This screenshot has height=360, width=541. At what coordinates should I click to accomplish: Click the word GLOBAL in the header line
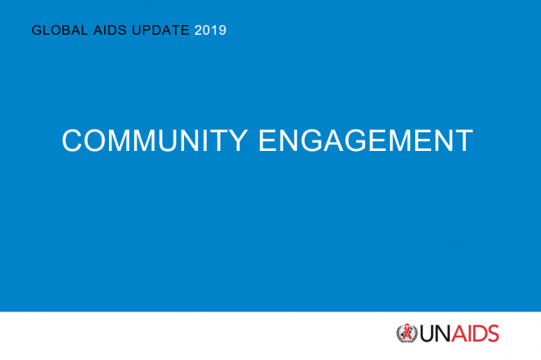click(x=60, y=30)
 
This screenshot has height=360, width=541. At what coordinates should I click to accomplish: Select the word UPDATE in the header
click(x=161, y=30)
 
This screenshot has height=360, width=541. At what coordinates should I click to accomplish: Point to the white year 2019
click(x=211, y=31)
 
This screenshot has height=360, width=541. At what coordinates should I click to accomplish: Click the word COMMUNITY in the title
click(x=154, y=140)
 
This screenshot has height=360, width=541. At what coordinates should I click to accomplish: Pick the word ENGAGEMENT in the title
click(x=366, y=140)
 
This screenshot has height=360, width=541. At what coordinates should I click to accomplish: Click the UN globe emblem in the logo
click(x=407, y=333)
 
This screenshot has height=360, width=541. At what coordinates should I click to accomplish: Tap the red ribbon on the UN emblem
click(x=408, y=332)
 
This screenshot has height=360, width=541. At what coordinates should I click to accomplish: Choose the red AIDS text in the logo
click(x=476, y=333)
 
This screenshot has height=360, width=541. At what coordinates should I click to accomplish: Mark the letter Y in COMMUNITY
click(x=236, y=140)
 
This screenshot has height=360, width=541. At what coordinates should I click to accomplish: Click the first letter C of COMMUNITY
click(x=72, y=140)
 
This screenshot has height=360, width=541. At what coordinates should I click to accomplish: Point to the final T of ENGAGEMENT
click(x=463, y=140)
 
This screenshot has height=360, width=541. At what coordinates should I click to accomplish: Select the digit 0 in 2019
click(x=207, y=31)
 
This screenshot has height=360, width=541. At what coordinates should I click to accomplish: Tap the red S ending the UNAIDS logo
click(x=493, y=333)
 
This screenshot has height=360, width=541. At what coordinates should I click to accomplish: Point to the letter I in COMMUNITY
click(x=205, y=140)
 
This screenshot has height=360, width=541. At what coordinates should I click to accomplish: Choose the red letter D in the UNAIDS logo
click(x=480, y=333)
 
